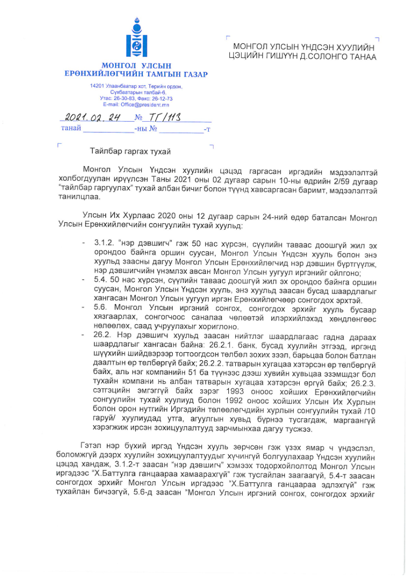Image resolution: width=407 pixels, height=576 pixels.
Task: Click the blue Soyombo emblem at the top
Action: pos(136,39)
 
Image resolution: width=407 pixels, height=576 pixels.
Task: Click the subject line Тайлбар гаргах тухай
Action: pos(131,152)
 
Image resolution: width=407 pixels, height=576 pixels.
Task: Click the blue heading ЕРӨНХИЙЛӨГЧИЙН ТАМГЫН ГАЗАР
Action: pos(136,75)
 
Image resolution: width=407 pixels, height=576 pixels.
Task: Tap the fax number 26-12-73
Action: pos(162,98)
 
